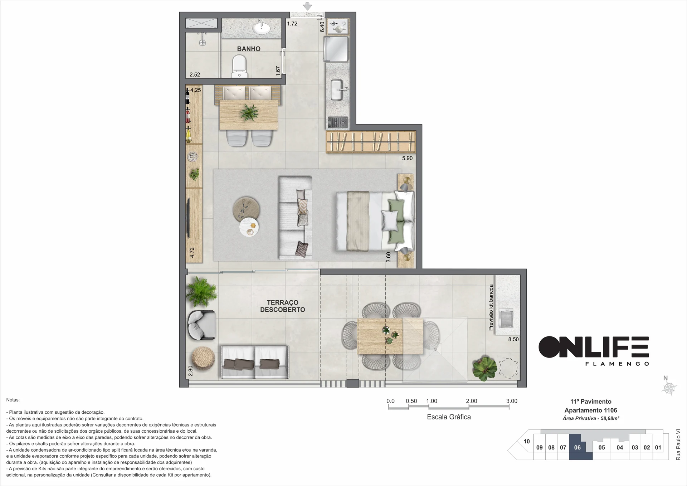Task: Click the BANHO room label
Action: pyautogui.click(x=249, y=49)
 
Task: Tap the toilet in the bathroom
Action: pyautogui.click(x=239, y=66)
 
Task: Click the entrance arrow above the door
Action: pyautogui.click(x=307, y=6)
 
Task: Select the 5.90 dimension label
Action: pyautogui.click(x=407, y=158)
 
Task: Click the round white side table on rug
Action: pyautogui.click(x=249, y=227)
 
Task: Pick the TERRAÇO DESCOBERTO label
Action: pyautogui.click(x=283, y=306)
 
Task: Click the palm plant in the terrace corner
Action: pyautogui.click(x=201, y=291)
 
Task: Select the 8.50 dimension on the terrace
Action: pyautogui.click(x=513, y=339)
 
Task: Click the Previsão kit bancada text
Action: pyautogui.click(x=491, y=307)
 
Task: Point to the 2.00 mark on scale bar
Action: pyautogui.click(x=471, y=401)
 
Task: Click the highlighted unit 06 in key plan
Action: pyautogui.click(x=578, y=447)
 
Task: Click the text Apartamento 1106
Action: pyautogui.click(x=591, y=410)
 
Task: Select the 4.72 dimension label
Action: pyautogui.click(x=192, y=253)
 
